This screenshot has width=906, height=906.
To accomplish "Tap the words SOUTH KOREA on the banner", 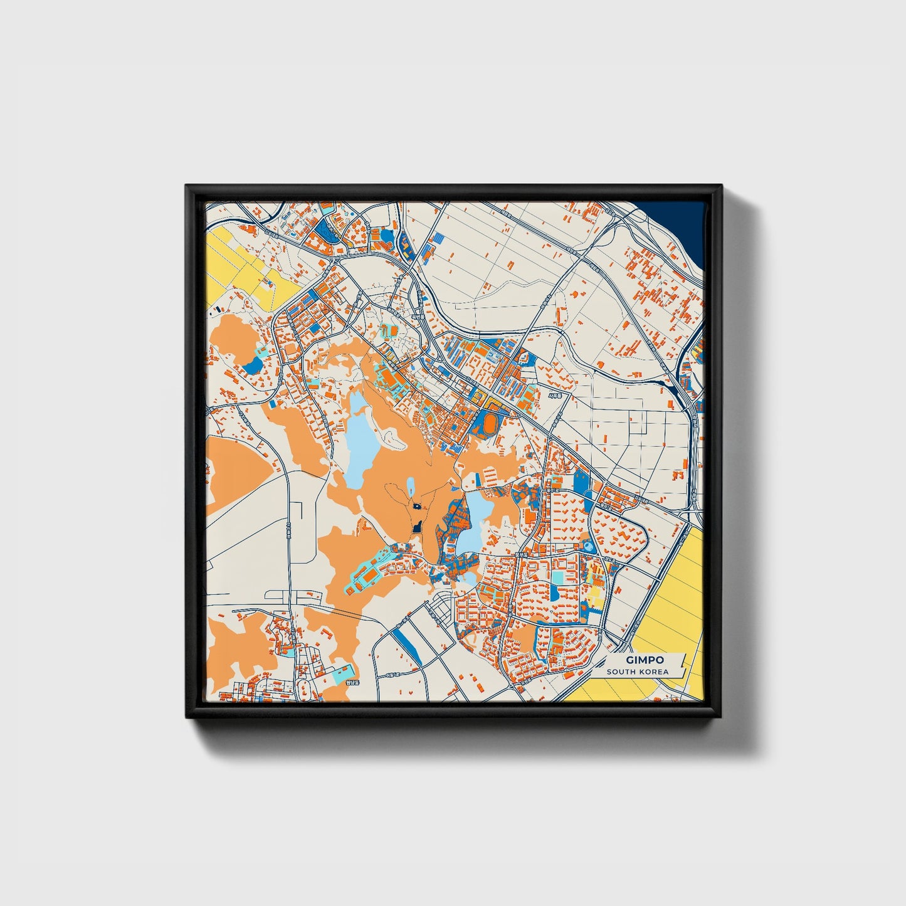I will (x=637, y=672).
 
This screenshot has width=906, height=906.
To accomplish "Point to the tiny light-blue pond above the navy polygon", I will (x=411, y=486).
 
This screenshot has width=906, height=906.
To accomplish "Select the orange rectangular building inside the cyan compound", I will (x=371, y=573).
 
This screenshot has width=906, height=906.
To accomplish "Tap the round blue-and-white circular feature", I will (x=587, y=547).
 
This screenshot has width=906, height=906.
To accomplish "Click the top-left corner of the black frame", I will (x=187, y=187).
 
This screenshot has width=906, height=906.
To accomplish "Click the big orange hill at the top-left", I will (x=235, y=339).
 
